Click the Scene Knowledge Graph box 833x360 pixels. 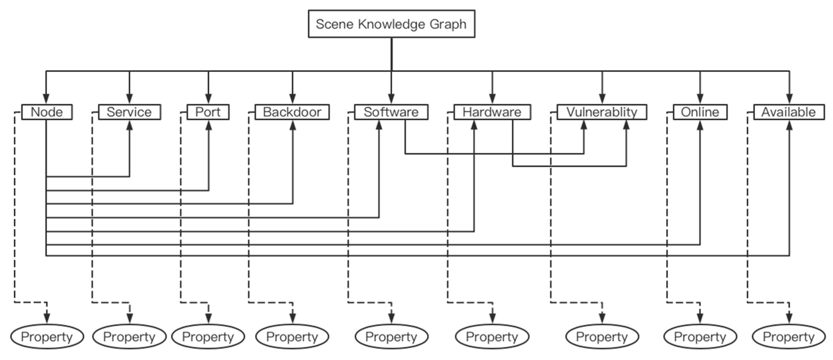391,24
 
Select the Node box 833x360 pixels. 47,112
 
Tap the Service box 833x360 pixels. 129,112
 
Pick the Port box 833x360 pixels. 208,112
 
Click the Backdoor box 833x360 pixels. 292,112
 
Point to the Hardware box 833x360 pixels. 492,112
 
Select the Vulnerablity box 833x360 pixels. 601,112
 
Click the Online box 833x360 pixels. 700,112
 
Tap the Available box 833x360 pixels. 789,112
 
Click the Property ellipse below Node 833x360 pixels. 47,337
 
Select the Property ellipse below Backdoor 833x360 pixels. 292,337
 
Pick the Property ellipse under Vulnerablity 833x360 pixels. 602,337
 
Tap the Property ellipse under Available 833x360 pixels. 789,337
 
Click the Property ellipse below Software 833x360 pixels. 391,337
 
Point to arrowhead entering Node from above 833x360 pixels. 46,98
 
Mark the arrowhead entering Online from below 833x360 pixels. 700,126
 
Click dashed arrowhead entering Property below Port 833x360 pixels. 209,318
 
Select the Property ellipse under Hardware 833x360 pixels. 492,337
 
